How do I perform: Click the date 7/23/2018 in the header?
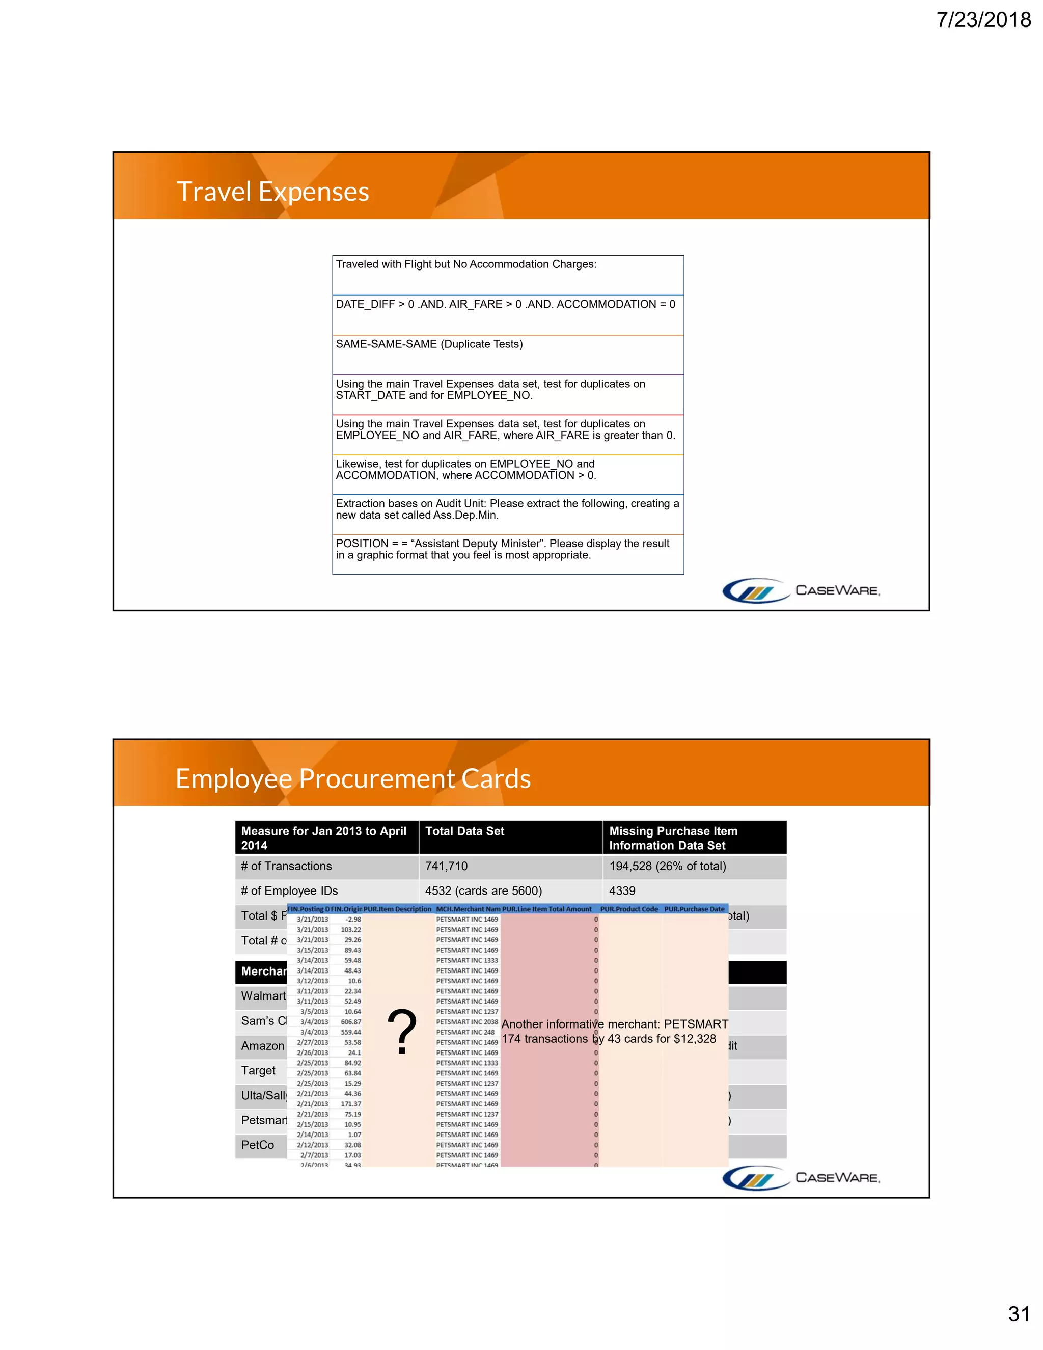(x=983, y=20)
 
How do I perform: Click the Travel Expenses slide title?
(x=272, y=192)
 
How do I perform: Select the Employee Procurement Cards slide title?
(x=353, y=779)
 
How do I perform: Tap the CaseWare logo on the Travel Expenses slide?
(x=801, y=590)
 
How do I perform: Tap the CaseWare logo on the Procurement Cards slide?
(x=801, y=1177)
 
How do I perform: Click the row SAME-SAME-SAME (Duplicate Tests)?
(x=429, y=344)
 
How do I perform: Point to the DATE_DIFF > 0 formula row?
(x=505, y=304)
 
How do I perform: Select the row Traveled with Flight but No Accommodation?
(x=466, y=264)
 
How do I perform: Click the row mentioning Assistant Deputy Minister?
(x=502, y=549)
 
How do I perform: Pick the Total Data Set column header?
(x=464, y=831)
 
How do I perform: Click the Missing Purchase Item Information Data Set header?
(x=673, y=838)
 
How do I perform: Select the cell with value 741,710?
(x=446, y=866)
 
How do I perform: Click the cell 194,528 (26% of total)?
(x=667, y=866)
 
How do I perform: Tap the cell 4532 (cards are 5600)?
(x=483, y=890)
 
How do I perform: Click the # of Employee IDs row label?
(x=289, y=890)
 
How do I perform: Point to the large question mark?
(x=402, y=1032)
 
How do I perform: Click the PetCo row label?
(x=258, y=1145)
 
